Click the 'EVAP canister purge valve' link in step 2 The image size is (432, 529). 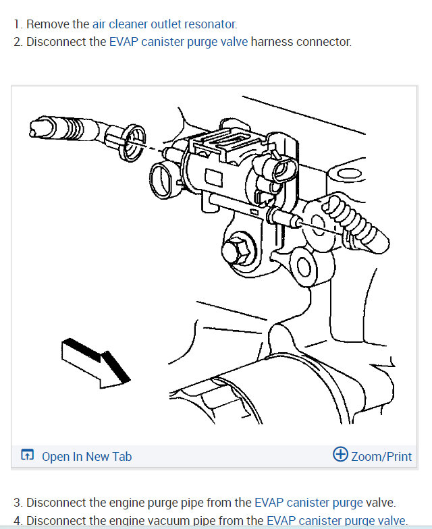(178, 42)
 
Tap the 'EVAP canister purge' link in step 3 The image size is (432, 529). (309, 503)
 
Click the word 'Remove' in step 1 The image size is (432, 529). (48, 24)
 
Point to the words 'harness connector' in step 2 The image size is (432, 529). (301, 42)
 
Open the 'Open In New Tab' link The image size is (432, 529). (86, 457)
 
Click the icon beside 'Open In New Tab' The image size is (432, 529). (27, 456)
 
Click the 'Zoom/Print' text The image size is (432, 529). (381, 457)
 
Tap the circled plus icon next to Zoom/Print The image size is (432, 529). (341, 455)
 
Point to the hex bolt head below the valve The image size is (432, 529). (238, 250)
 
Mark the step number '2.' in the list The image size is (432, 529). (18, 42)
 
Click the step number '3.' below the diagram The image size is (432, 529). (18, 503)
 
